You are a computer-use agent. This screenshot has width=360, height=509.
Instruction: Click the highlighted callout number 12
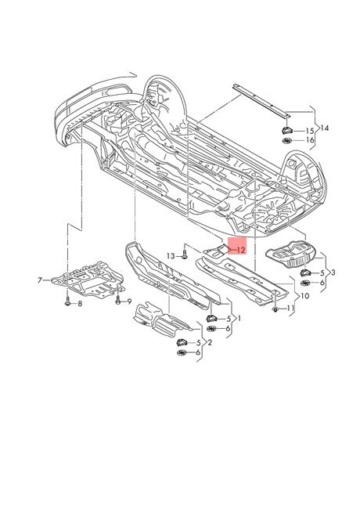pos(241,251)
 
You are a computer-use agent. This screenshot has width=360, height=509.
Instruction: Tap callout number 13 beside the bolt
pos(171,256)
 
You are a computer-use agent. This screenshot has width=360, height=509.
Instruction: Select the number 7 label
pos(40,280)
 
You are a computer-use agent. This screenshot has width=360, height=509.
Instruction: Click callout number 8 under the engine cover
pos(80,304)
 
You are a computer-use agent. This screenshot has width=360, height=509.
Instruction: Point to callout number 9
pos(129,301)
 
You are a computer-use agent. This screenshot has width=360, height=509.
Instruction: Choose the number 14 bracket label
pos(324,128)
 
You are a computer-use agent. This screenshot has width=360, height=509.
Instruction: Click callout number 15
pos(310,131)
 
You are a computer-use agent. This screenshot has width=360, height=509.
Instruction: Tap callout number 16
pos(310,140)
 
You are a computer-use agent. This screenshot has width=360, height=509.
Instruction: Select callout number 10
pos(305,296)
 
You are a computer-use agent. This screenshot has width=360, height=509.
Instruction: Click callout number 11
pos(290,308)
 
